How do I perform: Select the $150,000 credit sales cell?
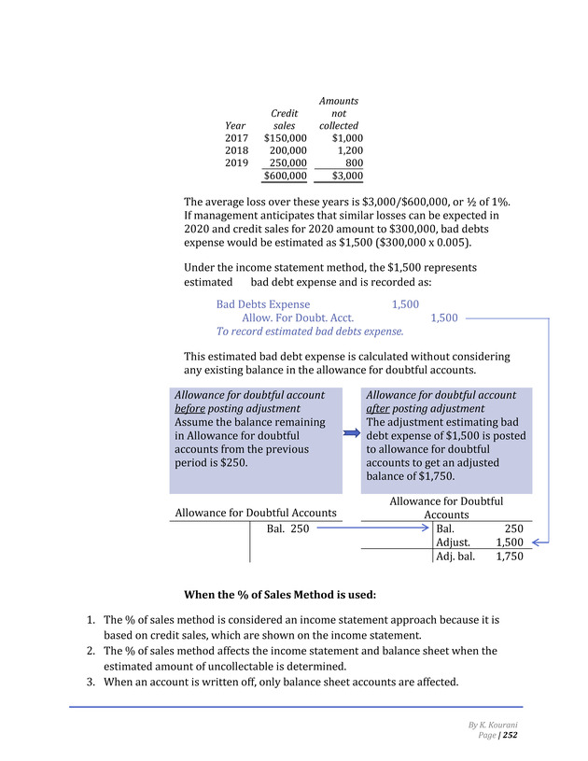[x=285, y=137]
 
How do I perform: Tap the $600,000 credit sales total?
[x=285, y=175]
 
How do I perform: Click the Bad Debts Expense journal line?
[x=263, y=304]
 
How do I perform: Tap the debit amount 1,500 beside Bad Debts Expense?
[x=405, y=304]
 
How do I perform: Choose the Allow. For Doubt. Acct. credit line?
[x=298, y=317]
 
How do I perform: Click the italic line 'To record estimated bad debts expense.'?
[x=310, y=331]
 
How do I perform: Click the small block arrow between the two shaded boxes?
[x=350, y=433]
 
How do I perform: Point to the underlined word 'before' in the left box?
[x=190, y=409]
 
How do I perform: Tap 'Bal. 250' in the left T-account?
[x=287, y=528]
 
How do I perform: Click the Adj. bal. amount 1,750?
[x=509, y=557]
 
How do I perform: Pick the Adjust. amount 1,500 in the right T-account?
[x=509, y=543]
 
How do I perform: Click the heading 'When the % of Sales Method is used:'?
[x=279, y=594]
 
